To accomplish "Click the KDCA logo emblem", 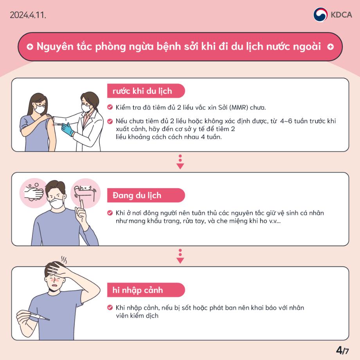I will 320,15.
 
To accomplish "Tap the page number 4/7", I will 342,349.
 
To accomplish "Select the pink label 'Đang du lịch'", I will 137,195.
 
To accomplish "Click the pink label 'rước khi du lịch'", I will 142,91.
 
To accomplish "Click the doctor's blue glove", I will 68,129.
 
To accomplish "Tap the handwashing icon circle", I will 33,193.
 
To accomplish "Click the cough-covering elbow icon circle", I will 85,193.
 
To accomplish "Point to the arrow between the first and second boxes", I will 180,162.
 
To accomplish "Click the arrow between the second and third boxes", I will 180,256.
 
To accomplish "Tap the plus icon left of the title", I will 30,47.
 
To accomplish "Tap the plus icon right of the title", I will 330,47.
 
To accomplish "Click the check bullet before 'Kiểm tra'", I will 110,107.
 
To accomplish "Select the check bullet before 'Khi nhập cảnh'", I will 110,308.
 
